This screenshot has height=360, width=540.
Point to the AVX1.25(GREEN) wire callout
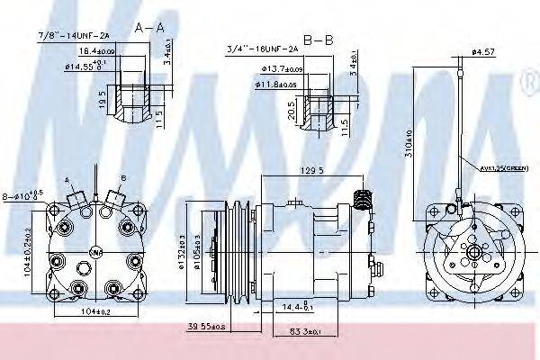501,166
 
